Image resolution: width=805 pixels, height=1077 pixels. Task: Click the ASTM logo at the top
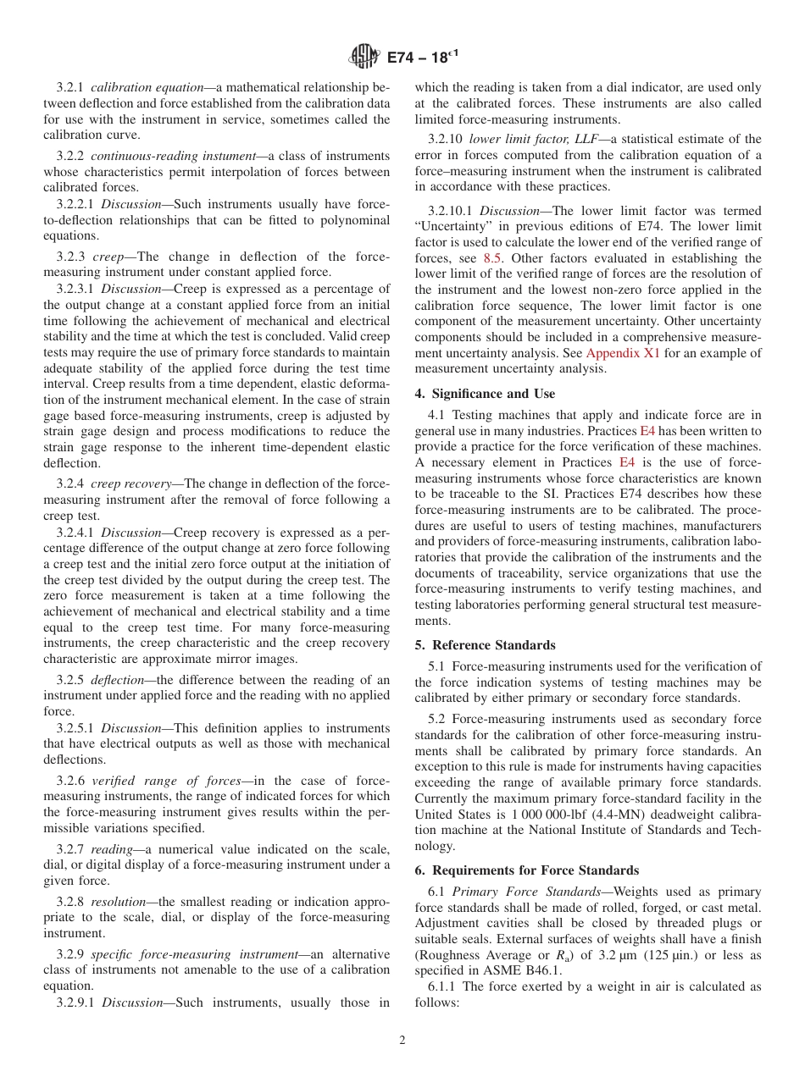pos(364,57)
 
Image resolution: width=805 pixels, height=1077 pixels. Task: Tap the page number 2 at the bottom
pos(402,1041)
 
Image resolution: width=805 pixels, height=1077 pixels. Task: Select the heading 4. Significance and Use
pos(485,394)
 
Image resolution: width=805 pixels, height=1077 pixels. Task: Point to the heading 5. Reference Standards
pos(485,645)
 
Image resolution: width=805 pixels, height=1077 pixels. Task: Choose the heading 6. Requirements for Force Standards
pos(526,870)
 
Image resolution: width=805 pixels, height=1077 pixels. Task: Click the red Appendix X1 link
pos(622,353)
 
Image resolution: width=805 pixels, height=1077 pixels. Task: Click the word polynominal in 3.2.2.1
pos(355,221)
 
